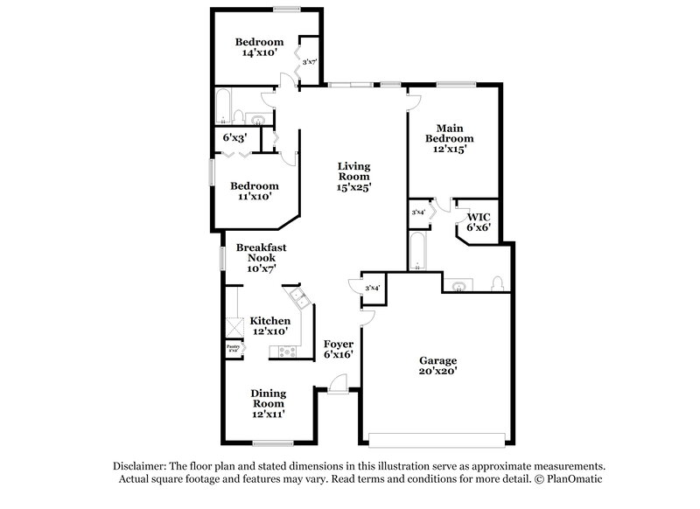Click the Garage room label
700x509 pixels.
pyautogui.click(x=437, y=360)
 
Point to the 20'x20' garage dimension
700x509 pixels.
pyautogui.click(x=437, y=372)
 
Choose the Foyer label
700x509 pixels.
pyautogui.click(x=339, y=344)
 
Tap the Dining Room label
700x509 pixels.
pyautogui.click(x=269, y=399)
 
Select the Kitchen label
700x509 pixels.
pyautogui.click(x=269, y=321)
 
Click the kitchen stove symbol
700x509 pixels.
pyautogui.click(x=287, y=352)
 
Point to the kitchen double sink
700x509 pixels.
pyautogui.click(x=299, y=301)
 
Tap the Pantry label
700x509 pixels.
pyautogui.click(x=234, y=346)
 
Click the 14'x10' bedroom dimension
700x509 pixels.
pyautogui.click(x=260, y=53)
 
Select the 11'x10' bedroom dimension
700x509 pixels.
pyautogui.click(x=255, y=197)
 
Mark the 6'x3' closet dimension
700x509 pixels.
pyautogui.click(x=234, y=138)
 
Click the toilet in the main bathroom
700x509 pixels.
pyautogui.click(x=498, y=283)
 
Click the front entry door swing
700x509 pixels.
pyautogui.click(x=338, y=384)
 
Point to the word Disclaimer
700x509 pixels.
pyautogui.click(x=140, y=466)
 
